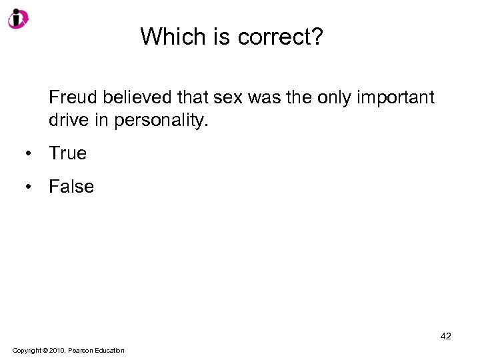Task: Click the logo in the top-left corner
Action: (x=18, y=18)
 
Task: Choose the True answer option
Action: (x=67, y=153)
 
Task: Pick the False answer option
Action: (x=71, y=187)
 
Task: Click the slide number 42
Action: (x=445, y=336)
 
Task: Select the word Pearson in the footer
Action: (x=81, y=351)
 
